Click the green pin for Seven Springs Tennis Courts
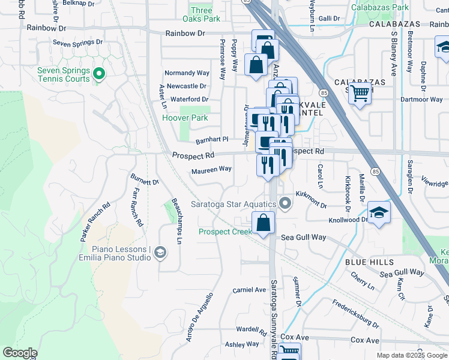(x=99, y=75)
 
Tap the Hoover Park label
(x=185, y=118)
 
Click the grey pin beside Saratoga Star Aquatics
(x=285, y=204)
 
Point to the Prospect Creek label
(x=226, y=232)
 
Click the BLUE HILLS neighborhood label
(x=369, y=262)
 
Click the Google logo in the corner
(x=20, y=353)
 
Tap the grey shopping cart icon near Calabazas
(x=360, y=94)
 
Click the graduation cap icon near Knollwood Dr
(x=378, y=213)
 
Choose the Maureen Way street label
(x=211, y=169)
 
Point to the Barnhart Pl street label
(x=212, y=139)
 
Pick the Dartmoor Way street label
(x=421, y=100)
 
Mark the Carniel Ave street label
(x=249, y=290)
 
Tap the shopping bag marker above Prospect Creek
(x=264, y=224)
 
